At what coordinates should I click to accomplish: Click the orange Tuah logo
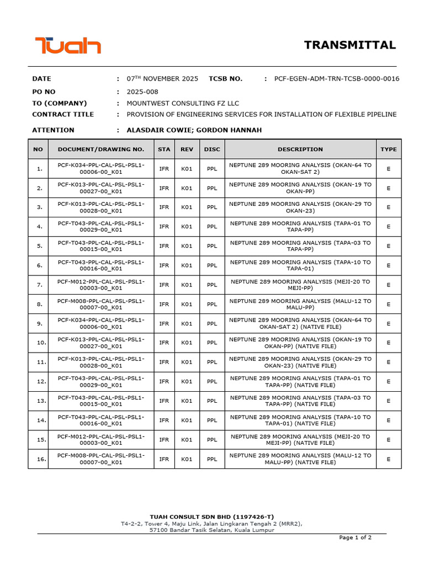point(68,45)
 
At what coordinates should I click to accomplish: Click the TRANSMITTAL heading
point(350,45)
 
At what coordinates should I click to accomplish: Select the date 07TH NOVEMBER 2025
point(162,79)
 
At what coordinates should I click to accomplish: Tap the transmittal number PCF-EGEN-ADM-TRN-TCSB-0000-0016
point(337,79)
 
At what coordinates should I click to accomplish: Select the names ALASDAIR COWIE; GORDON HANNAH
point(194,130)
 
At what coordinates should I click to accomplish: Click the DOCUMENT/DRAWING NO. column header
point(101,149)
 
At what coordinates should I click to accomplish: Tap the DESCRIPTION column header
point(300,149)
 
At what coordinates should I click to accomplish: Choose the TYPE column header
point(388,149)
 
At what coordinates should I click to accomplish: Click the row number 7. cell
point(39,285)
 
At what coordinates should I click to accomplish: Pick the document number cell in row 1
point(101,169)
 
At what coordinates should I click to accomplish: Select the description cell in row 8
point(300,304)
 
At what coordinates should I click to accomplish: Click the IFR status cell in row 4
point(164,227)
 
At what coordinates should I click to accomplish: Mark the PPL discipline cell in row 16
point(212,459)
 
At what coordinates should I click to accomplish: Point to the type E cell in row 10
point(388,343)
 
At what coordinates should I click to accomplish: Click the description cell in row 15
point(300,440)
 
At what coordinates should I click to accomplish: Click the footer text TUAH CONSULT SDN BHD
point(211,516)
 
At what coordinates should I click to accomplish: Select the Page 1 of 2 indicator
point(355,537)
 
